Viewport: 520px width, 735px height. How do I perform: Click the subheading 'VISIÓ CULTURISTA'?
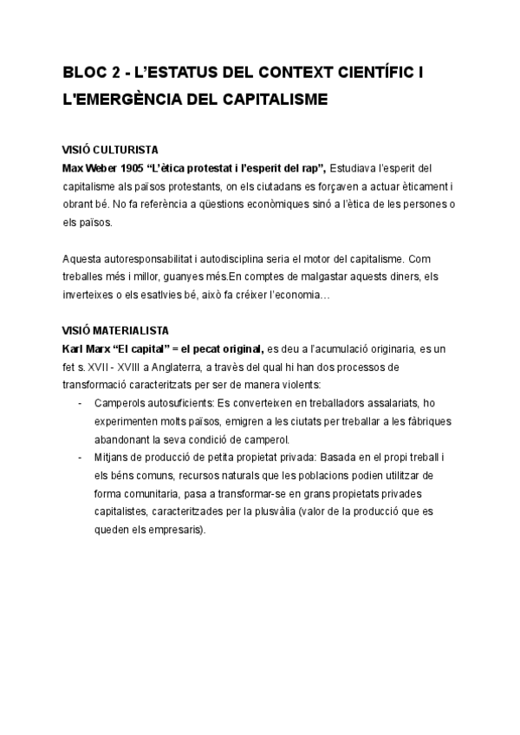coord(110,149)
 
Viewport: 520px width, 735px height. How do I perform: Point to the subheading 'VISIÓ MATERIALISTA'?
coord(116,330)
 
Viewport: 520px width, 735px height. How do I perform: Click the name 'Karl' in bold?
coord(75,348)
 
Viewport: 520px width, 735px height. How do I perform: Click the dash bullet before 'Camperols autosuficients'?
coord(81,403)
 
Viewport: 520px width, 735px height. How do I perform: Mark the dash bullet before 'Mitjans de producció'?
coord(81,458)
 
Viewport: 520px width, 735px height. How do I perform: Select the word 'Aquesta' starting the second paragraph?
coord(83,258)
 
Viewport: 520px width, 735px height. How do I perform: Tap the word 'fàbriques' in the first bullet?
coord(433,421)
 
